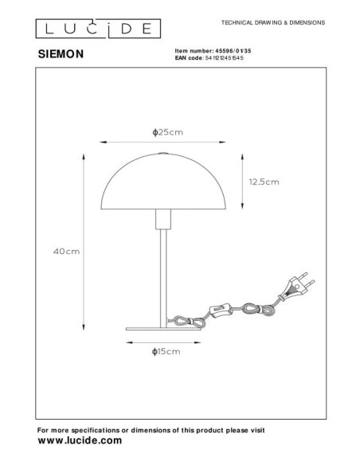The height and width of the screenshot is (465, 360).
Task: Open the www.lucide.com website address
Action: pyautogui.click(x=80, y=440)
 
